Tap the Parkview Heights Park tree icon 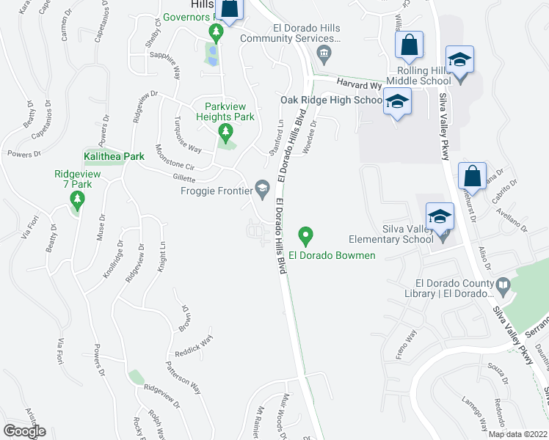225,132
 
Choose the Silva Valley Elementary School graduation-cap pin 440,216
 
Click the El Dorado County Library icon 503,285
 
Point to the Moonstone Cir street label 174,162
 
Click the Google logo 25,430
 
